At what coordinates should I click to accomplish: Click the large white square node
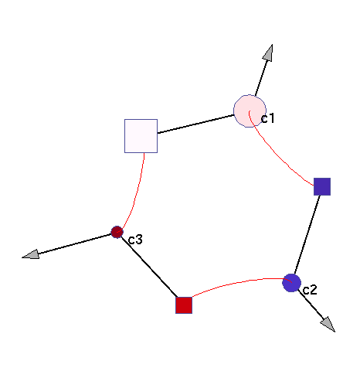[x=141, y=136]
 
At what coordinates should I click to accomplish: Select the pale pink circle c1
[x=250, y=111]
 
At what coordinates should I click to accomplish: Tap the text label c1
[x=268, y=118]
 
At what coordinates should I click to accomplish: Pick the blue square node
[x=322, y=186]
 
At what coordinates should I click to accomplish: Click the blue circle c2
[x=291, y=283]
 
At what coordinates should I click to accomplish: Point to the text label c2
[x=310, y=290]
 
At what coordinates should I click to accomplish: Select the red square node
[x=184, y=305]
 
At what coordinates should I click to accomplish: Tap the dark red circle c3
[x=117, y=232]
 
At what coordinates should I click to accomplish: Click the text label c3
[x=135, y=240]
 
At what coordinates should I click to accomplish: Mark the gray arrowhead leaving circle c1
[x=268, y=53]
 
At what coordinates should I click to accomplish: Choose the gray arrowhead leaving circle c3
[x=31, y=254]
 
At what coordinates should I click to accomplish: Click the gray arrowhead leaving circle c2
[x=328, y=325]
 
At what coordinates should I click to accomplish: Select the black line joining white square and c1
[x=195, y=124]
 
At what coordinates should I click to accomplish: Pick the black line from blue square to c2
[x=307, y=235]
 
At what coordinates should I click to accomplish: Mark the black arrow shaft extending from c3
[x=75, y=243]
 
